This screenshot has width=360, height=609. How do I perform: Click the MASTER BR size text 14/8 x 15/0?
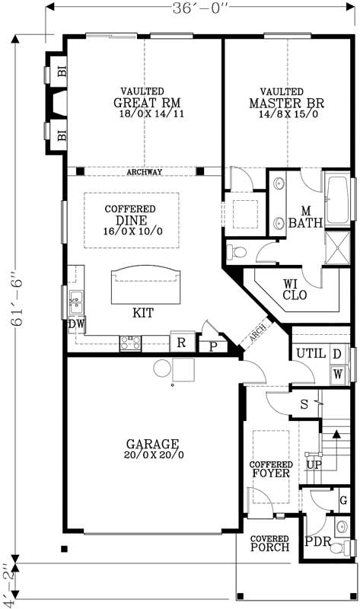[x=287, y=115]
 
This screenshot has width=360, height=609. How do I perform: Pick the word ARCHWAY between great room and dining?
[x=144, y=172]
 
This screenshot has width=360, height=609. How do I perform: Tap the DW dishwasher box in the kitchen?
[x=75, y=325]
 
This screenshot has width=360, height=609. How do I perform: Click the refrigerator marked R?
[x=181, y=343]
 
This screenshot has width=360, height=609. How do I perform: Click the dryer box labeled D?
[x=336, y=354]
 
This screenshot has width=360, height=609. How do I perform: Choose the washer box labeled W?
[x=336, y=374]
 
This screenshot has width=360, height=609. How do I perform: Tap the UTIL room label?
[x=311, y=354]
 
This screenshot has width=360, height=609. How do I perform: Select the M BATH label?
[x=305, y=217]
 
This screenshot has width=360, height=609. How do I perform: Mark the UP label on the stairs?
[x=312, y=464]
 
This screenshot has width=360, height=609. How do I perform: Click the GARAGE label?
[x=152, y=444]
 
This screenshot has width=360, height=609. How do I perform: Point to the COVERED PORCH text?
[x=269, y=543]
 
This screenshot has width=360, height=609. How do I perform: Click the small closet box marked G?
[x=342, y=500]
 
